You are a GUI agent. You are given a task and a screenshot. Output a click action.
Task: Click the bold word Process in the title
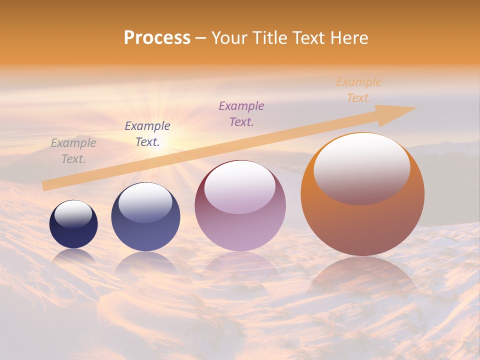[x=157, y=37]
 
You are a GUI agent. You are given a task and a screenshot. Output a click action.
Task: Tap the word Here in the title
[x=349, y=37]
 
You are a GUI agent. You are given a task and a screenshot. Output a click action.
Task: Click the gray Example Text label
[x=73, y=151]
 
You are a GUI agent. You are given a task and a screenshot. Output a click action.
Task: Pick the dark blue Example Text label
[x=147, y=133]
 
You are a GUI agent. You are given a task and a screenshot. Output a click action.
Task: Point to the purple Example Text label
[x=241, y=113]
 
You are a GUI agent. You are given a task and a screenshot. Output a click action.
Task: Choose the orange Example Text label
[x=359, y=90]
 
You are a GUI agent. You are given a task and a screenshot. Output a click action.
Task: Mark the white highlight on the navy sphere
[x=73, y=214]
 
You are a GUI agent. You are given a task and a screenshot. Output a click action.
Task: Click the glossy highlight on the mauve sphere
[x=240, y=187]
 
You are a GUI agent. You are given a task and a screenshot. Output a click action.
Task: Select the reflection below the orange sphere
[x=362, y=280]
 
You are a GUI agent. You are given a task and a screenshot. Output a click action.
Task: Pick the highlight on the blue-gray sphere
[x=145, y=201]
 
